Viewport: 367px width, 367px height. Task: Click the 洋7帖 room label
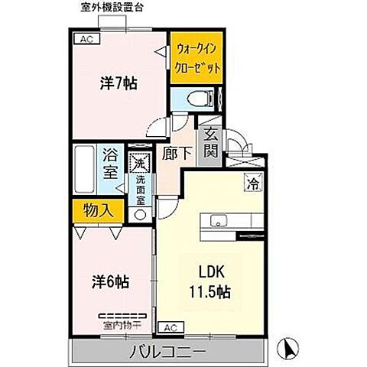tap(119, 85)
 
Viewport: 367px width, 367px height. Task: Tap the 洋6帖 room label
tap(111, 281)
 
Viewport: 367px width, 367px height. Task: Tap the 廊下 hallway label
tap(174, 153)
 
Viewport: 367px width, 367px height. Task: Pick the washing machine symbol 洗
tap(140, 163)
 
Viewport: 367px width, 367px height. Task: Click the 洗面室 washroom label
tap(140, 190)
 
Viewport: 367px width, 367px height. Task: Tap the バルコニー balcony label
tap(171, 352)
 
